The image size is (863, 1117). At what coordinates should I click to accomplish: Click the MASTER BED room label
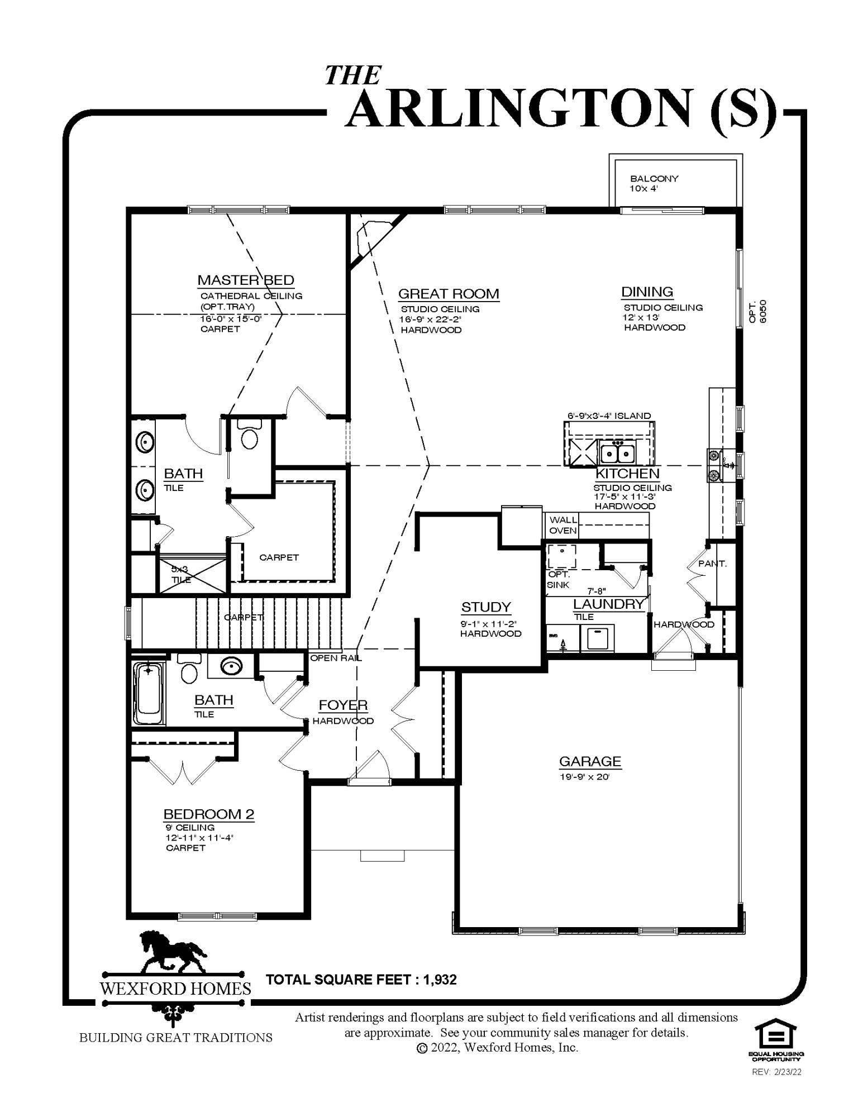246,280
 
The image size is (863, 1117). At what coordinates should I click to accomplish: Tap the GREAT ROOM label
448,294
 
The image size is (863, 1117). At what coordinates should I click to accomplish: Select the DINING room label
647,292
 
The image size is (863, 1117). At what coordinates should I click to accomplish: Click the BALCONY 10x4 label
654,183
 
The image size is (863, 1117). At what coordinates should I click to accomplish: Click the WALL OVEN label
562,525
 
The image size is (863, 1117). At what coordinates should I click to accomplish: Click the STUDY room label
486,607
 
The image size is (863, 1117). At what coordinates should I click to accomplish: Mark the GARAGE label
590,761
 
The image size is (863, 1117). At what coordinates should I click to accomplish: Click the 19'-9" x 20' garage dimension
584,777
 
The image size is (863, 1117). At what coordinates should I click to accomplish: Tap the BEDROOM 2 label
208,814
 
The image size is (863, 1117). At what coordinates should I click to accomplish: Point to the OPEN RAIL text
336,658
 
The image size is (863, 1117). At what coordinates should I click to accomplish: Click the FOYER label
343,705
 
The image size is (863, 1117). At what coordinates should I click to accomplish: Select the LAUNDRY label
608,604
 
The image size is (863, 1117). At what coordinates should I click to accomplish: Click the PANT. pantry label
713,564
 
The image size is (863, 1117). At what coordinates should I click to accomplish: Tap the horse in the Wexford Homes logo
172,953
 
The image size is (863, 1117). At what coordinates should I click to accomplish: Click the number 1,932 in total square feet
440,979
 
